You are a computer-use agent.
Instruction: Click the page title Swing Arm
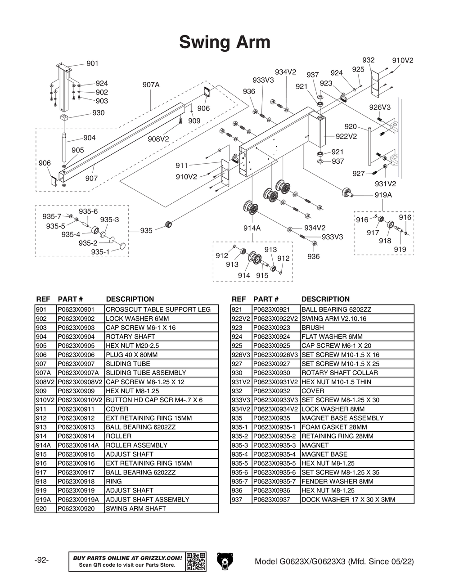(225, 42)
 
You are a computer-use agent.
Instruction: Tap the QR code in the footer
(196, 561)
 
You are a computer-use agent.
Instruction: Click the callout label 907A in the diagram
(151, 85)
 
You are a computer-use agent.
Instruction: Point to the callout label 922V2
(346, 136)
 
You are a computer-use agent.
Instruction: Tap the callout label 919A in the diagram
(383, 195)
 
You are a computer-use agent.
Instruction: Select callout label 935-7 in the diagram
(52, 216)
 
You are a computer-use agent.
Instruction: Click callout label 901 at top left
(92, 63)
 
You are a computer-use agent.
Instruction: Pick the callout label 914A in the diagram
(252, 228)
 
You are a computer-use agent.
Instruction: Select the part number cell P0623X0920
(76, 509)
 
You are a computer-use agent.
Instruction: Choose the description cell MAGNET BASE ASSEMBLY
(342, 418)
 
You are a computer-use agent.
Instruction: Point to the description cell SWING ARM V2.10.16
(334, 318)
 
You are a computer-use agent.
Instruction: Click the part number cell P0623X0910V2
(80, 400)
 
